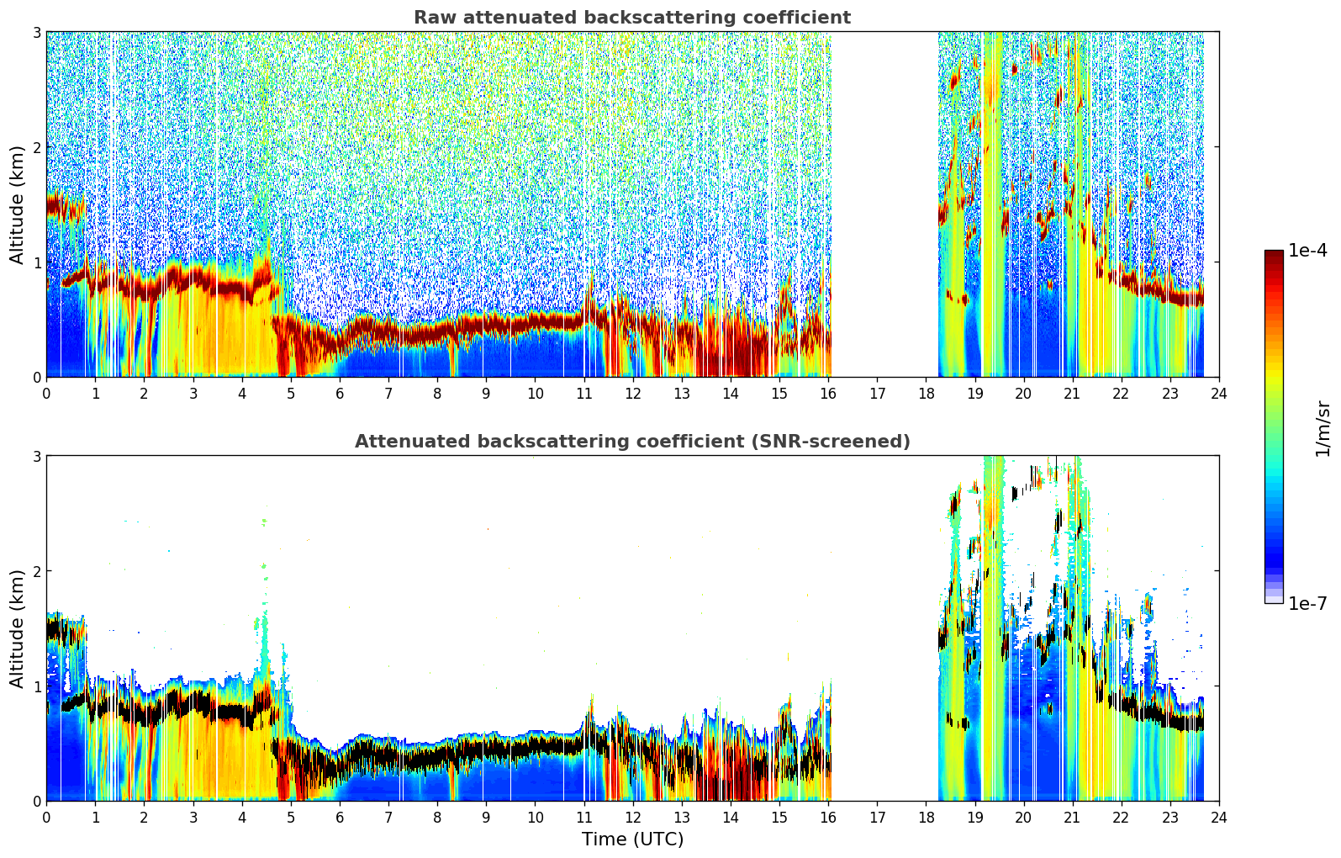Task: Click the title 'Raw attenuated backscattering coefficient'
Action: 632,18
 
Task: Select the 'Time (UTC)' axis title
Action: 632,839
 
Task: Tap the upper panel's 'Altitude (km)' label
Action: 17,205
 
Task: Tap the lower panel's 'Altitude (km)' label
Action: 17,628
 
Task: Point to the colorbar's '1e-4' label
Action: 1307,251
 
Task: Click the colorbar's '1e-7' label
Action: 1307,603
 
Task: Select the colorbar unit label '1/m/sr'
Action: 1323,429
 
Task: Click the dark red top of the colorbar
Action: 1274,254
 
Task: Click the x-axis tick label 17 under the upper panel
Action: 877,394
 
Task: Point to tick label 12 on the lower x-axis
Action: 633,818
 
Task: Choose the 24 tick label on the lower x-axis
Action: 1219,818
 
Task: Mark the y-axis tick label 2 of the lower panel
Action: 36,571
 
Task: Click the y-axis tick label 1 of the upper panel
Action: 36,262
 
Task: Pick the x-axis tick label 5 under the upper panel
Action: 291,394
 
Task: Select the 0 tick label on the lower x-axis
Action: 47,818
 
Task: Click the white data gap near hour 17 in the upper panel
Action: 884,204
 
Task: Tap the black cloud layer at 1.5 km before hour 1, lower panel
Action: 66,631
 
